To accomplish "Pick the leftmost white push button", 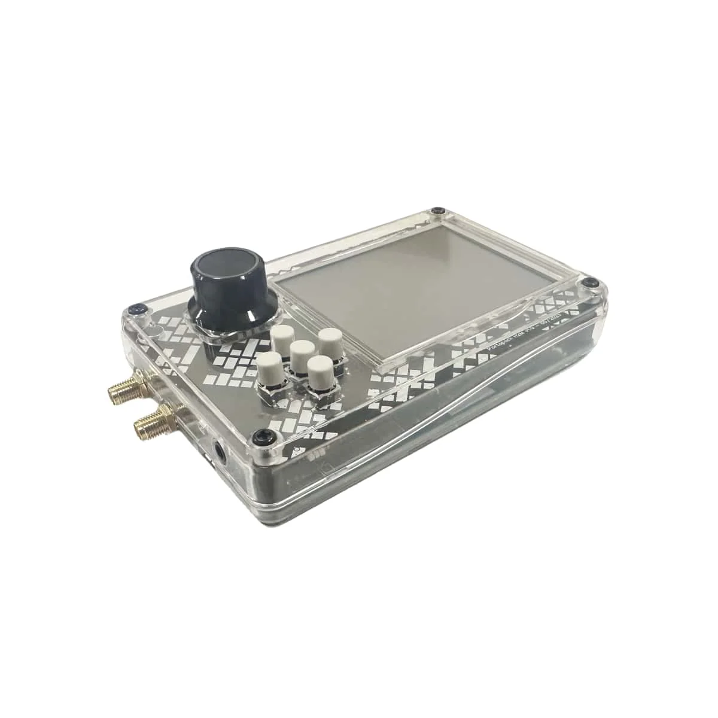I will point(269,364).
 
